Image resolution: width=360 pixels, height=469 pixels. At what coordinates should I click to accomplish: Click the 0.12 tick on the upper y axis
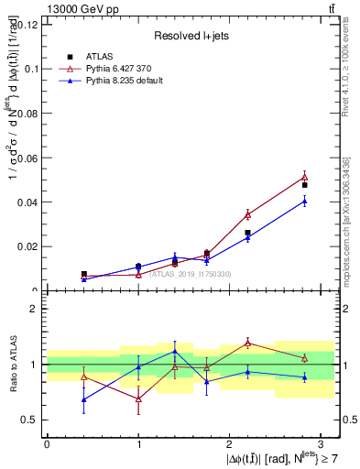(x=27, y=24)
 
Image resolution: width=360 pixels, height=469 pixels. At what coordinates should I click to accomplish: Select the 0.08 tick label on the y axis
(x=27, y=113)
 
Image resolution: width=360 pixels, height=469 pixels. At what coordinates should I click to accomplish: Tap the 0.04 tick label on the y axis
(x=27, y=202)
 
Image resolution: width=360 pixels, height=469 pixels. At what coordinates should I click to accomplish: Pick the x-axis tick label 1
(x=138, y=443)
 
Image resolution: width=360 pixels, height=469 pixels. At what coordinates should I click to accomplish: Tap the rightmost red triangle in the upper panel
(x=304, y=177)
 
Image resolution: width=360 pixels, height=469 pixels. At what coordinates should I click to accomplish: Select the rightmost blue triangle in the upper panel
(x=304, y=202)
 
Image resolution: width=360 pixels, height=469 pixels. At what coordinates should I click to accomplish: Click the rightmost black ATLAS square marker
(x=304, y=185)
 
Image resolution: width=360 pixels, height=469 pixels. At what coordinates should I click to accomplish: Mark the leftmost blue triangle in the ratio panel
(x=84, y=399)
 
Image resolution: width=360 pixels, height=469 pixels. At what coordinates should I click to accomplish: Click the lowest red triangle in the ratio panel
(x=138, y=399)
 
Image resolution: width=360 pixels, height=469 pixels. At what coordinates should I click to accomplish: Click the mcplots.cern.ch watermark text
(x=345, y=229)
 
